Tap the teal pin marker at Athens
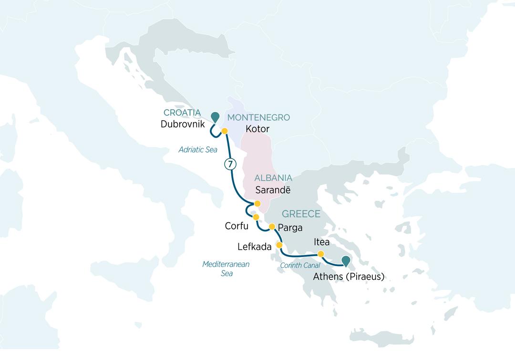click(x=345, y=261)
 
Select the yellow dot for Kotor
click(x=224, y=131)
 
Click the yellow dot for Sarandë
click(x=257, y=204)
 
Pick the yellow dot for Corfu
click(x=256, y=217)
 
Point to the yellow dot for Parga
click(x=272, y=226)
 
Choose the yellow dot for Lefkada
click(x=279, y=246)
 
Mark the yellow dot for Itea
click(x=321, y=254)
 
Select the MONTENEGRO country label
click(x=258, y=118)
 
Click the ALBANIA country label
click(x=273, y=178)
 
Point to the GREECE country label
click(x=301, y=214)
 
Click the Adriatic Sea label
click(x=198, y=150)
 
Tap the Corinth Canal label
click(x=300, y=265)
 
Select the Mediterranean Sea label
click(x=226, y=269)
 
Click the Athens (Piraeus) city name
click(x=349, y=276)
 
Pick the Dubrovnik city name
click(x=183, y=124)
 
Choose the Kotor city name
click(x=257, y=129)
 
